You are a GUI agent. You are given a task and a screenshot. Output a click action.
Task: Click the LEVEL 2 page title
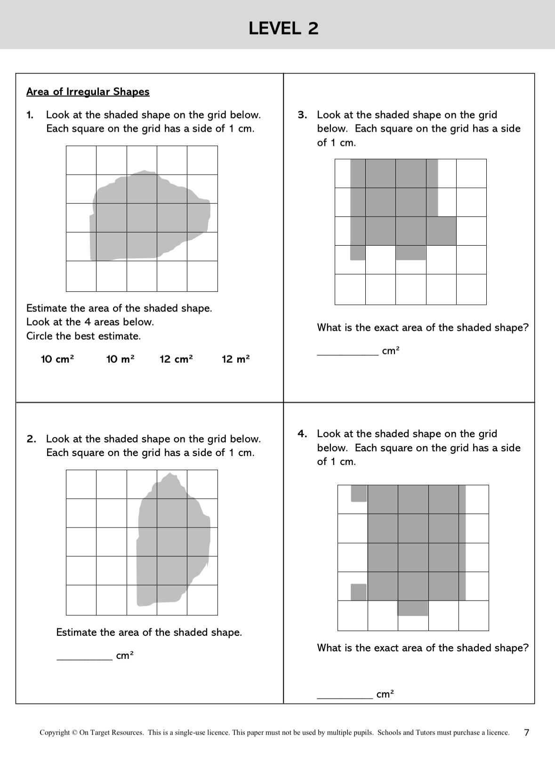coord(283,29)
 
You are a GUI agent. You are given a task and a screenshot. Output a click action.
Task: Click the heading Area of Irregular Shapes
coord(88,92)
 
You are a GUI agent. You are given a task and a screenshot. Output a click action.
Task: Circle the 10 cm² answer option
coord(57,360)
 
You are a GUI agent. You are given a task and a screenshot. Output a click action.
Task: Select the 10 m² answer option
coord(120,360)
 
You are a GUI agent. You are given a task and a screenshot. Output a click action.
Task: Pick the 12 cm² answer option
coord(176,360)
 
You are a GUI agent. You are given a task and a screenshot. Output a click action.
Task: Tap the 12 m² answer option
coord(235,360)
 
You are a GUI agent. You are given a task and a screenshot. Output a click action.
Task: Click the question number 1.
coord(30,115)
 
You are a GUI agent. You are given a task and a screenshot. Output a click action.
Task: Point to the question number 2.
coord(31,439)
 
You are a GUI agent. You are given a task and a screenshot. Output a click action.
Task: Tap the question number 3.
coord(302,115)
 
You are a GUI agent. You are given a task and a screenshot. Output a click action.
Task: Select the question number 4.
coord(302,434)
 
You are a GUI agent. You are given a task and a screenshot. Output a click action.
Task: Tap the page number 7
coord(527,732)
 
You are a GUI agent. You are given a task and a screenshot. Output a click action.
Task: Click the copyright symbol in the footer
coord(74,733)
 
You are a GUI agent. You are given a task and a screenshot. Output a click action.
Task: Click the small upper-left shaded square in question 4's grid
coord(359,493)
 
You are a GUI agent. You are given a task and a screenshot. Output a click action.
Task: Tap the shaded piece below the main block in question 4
coord(413,608)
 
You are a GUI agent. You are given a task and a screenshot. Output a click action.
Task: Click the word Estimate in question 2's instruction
coord(76,633)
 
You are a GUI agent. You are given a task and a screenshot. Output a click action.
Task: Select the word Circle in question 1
coord(40,336)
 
